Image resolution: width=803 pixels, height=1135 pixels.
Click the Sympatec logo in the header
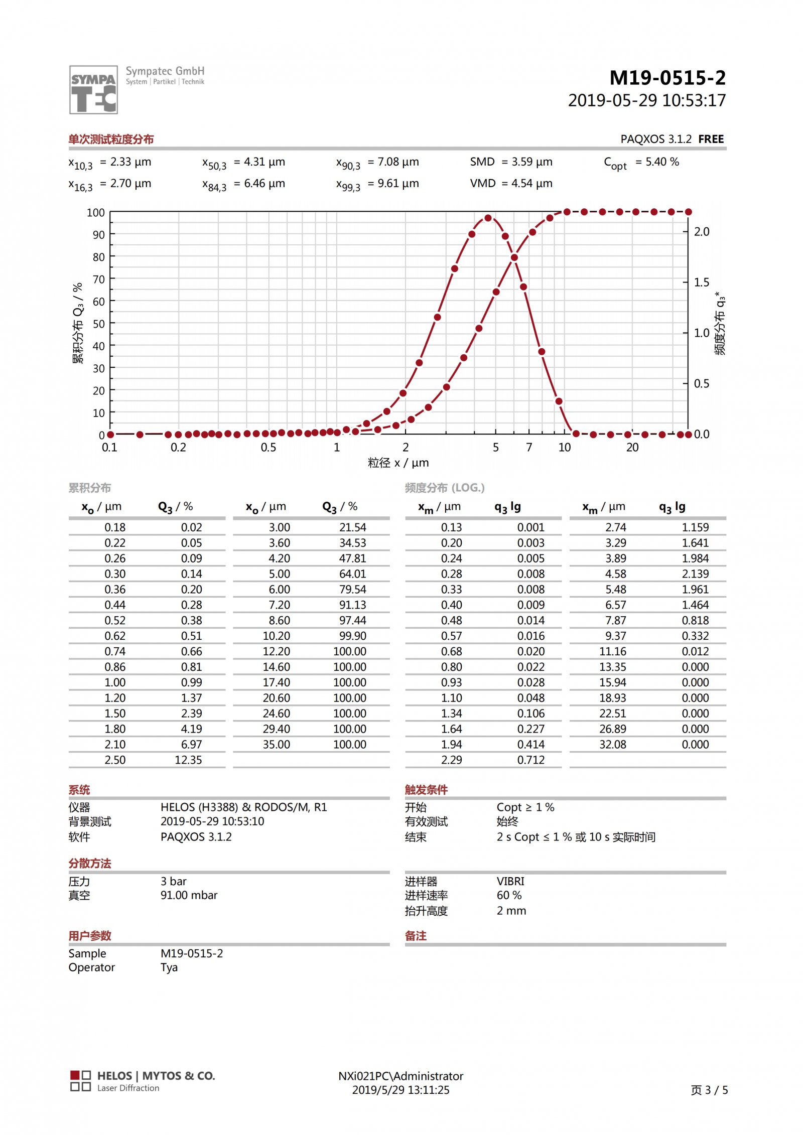coord(93,89)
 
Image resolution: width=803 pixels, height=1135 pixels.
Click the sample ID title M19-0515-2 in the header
coord(667,78)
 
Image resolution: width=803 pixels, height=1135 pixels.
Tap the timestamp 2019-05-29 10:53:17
coord(646,101)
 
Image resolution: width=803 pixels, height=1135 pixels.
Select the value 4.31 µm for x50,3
coord(264,162)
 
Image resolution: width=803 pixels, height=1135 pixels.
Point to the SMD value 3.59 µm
coord(531,162)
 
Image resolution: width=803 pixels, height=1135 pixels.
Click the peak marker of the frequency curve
coord(488,218)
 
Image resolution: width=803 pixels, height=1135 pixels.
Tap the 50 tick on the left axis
coord(99,324)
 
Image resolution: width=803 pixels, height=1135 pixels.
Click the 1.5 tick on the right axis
coord(702,282)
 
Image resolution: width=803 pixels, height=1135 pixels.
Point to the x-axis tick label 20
coord(632,448)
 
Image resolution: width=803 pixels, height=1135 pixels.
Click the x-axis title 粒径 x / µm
coord(398,463)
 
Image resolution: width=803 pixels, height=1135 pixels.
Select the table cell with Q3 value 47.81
coord(352,558)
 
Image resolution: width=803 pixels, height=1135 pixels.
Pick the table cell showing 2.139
coord(695,574)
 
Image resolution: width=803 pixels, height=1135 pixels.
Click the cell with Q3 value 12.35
coord(188,760)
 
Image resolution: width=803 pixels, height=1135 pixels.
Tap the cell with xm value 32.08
coord(612,745)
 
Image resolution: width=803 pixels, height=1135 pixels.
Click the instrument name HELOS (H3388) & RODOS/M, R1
coord(243,807)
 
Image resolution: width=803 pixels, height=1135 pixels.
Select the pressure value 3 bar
coord(174,882)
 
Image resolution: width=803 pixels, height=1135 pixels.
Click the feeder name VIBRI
coord(510,882)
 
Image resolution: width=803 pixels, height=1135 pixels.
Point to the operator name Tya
coord(169,968)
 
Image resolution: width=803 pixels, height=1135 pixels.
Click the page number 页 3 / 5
coord(709,1090)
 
